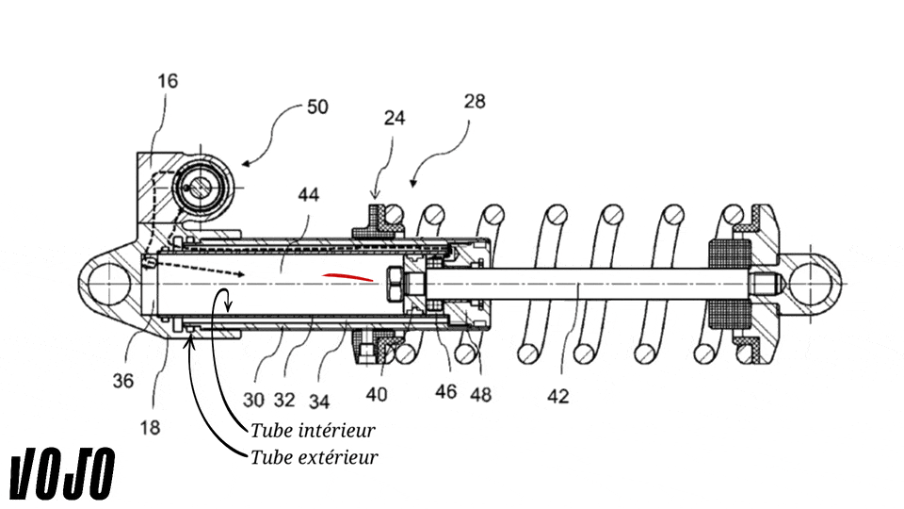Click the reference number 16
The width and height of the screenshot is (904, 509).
[168, 81]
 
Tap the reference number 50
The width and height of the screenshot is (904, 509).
[317, 107]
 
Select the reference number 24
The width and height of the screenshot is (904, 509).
[395, 118]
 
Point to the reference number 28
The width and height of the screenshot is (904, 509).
[475, 102]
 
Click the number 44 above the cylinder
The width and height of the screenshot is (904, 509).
[309, 194]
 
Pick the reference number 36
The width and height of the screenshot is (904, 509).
[122, 381]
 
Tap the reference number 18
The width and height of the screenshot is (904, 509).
[150, 428]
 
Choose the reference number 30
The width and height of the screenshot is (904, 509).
[253, 400]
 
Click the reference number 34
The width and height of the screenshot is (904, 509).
[319, 402]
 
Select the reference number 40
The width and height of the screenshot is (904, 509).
[377, 395]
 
